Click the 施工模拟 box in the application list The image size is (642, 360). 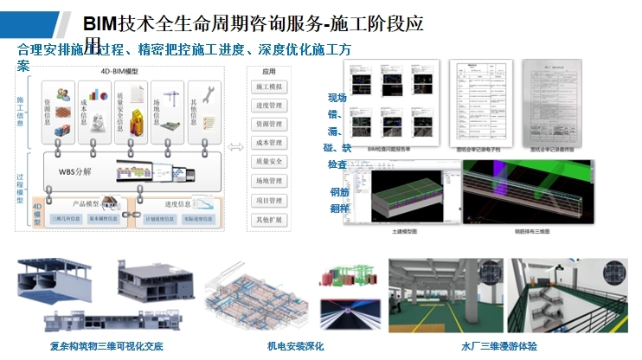[268, 87]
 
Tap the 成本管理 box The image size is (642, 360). [268, 143]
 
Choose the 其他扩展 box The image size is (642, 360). [268, 219]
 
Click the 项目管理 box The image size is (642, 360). [268, 200]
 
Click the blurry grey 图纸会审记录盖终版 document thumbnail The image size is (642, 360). [559, 100]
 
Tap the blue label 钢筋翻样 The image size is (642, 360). [338, 200]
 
